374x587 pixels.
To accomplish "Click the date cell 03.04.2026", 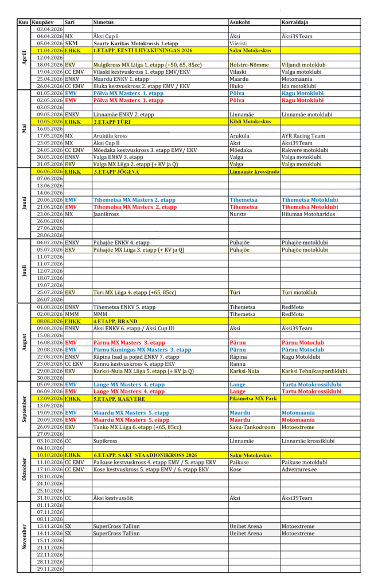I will [x=49, y=29].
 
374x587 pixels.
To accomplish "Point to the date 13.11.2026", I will [x=49, y=526].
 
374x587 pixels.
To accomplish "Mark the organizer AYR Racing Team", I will [x=303, y=136].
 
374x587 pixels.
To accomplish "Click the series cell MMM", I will [x=72, y=313].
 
